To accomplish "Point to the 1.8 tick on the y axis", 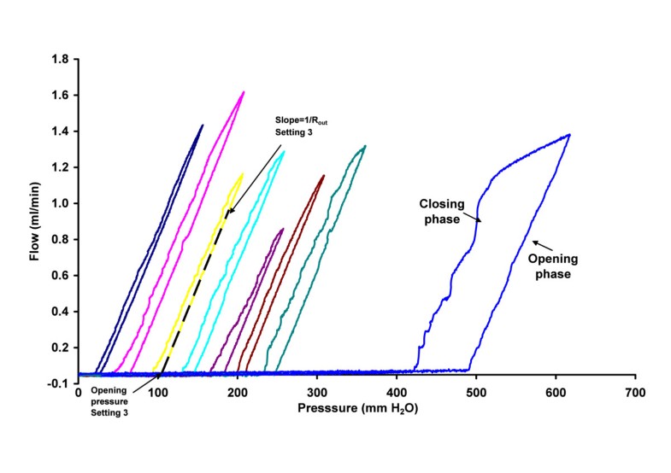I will (x=61, y=60).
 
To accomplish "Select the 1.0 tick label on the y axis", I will (x=61, y=204).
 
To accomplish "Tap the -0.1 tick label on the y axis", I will (x=59, y=384).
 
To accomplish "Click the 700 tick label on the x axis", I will (x=635, y=393).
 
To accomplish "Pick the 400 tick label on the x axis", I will (x=397, y=393).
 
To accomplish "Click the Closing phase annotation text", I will (x=442, y=212).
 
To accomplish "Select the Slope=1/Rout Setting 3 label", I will (x=301, y=126).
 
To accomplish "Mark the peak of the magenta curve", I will (x=244, y=92).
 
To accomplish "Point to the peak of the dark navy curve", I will (x=202, y=126).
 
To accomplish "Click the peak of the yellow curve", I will (x=242, y=174).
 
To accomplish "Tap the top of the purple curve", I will (x=283, y=229).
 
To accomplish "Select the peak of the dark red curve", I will (x=323, y=176).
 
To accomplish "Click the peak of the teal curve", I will (x=364, y=146).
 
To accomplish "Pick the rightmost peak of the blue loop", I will (x=569, y=135).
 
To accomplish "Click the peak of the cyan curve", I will (x=283, y=152).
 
